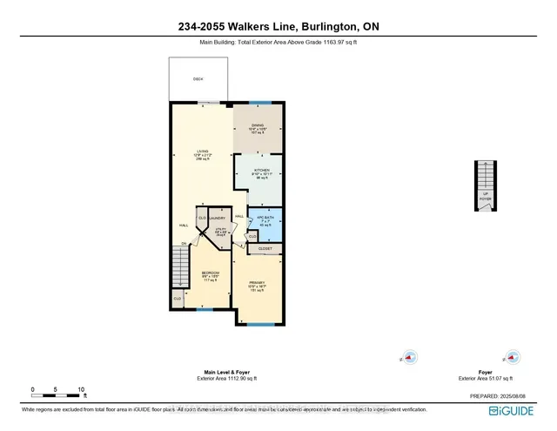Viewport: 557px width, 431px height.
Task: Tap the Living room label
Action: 202,153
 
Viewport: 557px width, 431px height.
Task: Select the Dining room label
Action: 258,130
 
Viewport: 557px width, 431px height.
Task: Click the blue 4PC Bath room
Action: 264,221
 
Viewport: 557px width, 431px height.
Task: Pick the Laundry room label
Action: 217,219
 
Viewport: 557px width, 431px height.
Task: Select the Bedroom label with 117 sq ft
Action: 211,276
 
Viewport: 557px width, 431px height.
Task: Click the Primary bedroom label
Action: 257,286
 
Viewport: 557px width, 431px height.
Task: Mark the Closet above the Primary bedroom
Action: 265,248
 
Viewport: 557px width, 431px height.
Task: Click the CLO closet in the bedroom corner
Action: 177,299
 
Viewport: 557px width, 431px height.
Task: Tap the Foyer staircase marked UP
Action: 484,185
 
